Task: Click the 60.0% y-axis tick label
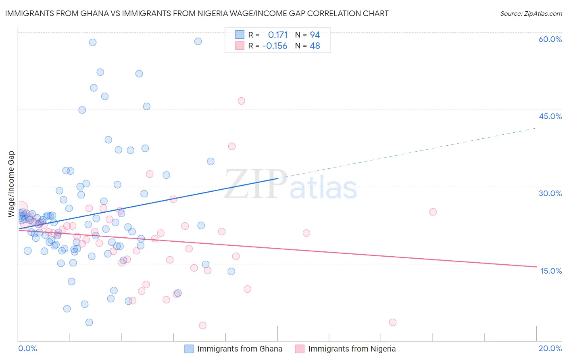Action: coord(550,39)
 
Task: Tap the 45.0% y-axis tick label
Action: coord(550,116)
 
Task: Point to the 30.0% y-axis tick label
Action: coord(550,193)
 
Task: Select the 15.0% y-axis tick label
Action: coord(551,271)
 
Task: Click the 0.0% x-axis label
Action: coord(27,348)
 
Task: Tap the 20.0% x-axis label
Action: coord(550,348)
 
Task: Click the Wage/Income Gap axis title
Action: coord(11,184)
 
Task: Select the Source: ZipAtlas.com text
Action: coord(531,14)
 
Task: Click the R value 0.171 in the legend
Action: coord(277,35)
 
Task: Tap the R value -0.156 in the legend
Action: coord(275,46)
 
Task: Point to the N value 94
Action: coord(315,35)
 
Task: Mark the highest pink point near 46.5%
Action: coord(241,101)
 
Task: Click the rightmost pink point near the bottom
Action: coord(392,322)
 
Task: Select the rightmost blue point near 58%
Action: coord(198,41)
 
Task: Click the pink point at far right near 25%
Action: coord(433,212)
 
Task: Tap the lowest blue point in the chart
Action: coord(89,322)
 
